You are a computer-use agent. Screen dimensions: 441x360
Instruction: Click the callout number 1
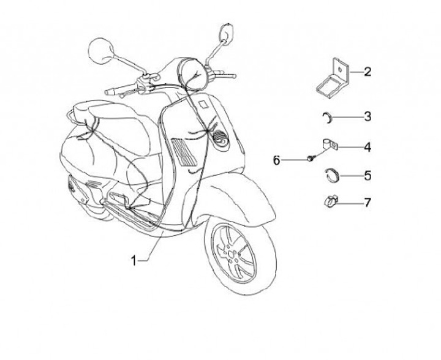pyautogui.click(x=134, y=260)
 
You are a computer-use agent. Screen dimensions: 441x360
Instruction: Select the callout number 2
pyautogui.click(x=367, y=72)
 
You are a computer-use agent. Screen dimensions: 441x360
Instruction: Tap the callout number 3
pyautogui.click(x=367, y=116)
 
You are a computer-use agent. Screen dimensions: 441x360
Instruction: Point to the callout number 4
pyautogui.click(x=367, y=147)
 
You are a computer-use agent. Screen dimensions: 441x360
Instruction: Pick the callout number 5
pyautogui.click(x=367, y=176)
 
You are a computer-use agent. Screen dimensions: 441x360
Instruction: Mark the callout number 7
pyautogui.click(x=367, y=201)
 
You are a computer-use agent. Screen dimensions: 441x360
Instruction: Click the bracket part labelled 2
pyautogui.click(x=332, y=76)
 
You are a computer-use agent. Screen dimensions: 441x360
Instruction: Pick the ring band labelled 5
pyautogui.click(x=331, y=176)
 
